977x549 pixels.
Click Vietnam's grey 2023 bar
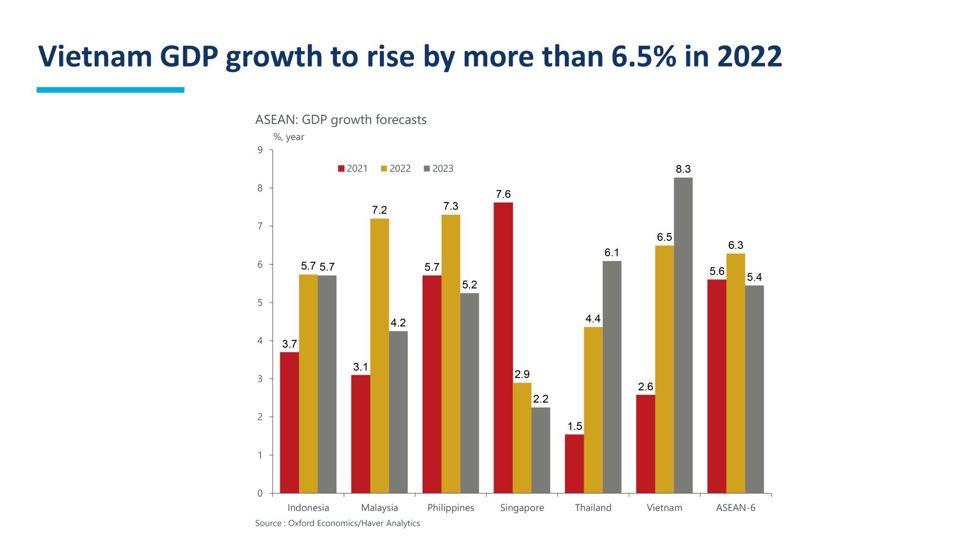click(x=683, y=335)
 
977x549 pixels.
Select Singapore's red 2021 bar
click(x=503, y=348)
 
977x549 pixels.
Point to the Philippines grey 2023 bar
click(x=470, y=393)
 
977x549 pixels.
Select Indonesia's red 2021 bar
click(x=289, y=422)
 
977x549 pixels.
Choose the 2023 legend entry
click(x=438, y=169)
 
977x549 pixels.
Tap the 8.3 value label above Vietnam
click(x=683, y=169)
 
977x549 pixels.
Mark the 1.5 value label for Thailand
click(x=575, y=426)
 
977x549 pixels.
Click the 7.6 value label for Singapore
click(x=503, y=194)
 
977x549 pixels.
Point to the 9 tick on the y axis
click(x=260, y=150)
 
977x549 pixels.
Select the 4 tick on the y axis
click(x=260, y=340)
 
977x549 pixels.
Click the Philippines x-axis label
click(x=451, y=508)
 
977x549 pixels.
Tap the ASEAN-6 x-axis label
click(x=735, y=508)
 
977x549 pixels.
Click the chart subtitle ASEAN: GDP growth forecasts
click(x=341, y=120)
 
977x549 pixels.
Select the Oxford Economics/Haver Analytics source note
click(x=338, y=523)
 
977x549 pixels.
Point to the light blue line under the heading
click(x=111, y=90)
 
